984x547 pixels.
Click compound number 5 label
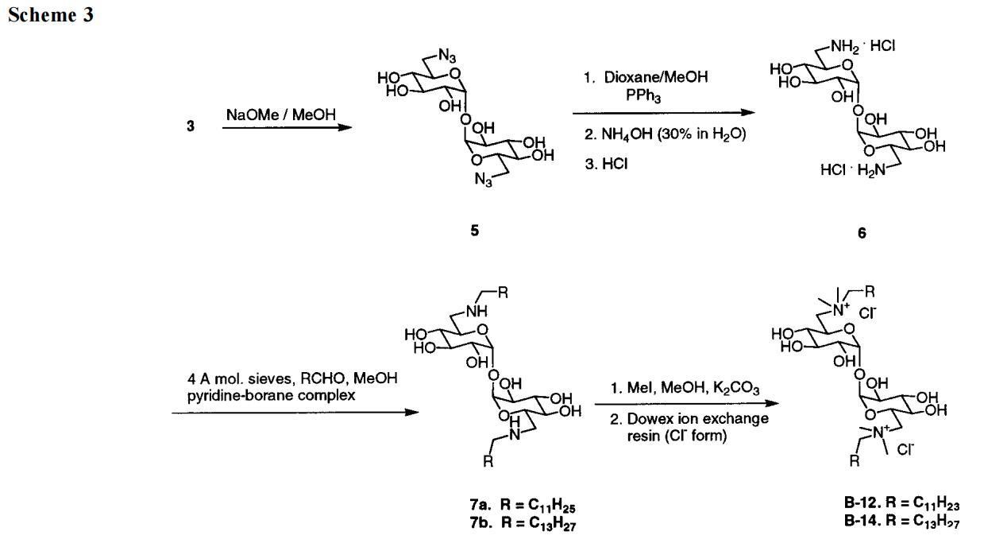click(x=474, y=231)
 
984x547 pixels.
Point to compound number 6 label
click(x=862, y=234)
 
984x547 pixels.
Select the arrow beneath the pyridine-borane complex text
click(x=294, y=412)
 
